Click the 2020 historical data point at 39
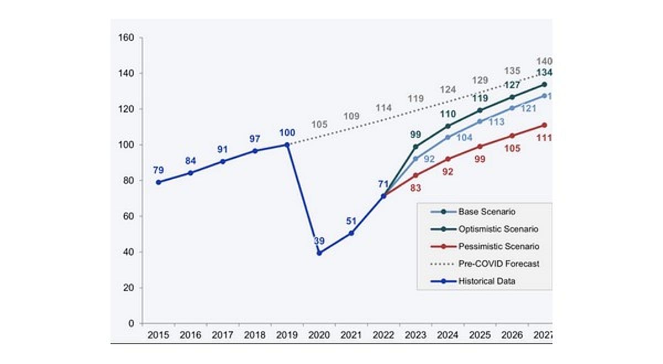click(319, 253)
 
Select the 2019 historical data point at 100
click(287, 144)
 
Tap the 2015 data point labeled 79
click(159, 182)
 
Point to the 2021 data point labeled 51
click(351, 233)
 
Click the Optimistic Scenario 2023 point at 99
click(415, 147)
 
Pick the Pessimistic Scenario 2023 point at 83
click(415, 175)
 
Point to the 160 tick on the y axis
click(127, 38)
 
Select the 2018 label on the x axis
click(255, 335)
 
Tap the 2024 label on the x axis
click(448, 335)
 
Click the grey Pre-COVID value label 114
click(383, 108)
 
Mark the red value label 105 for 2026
click(512, 148)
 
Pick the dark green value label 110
click(448, 114)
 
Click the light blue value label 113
click(496, 122)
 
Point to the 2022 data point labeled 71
click(383, 196)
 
